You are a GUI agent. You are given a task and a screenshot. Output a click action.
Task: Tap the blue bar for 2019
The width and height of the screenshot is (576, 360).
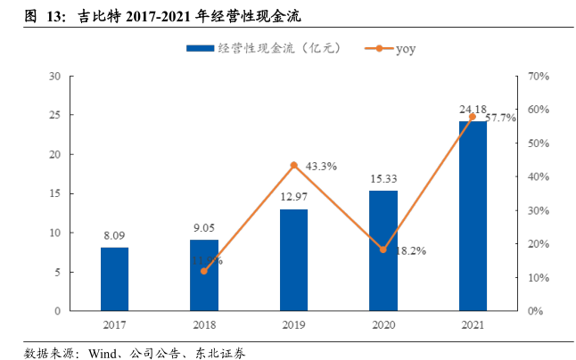click(293, 260)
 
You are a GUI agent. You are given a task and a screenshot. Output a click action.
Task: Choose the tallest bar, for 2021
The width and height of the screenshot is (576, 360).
click(473, 217)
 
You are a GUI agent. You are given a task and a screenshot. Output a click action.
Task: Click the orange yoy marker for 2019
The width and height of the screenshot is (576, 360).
click(293, 166)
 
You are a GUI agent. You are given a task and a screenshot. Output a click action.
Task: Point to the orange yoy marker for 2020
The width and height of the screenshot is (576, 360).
click(383, 250)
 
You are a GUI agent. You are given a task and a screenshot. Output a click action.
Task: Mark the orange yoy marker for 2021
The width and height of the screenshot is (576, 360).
click(473, 118)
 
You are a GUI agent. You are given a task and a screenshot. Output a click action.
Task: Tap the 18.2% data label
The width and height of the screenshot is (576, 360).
click(410, 251)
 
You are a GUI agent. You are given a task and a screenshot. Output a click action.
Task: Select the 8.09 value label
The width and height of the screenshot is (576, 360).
click(114, 236)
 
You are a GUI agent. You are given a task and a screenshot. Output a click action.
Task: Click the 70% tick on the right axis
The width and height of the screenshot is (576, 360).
click(537, 77)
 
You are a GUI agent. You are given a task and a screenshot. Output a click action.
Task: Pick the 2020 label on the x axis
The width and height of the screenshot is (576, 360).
click(383, 325)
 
